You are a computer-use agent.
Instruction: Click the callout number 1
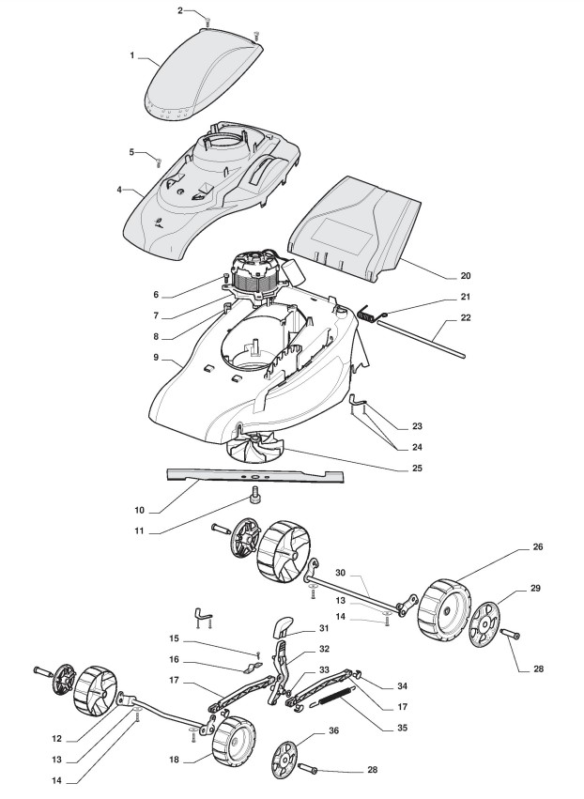click(x=132, y=56)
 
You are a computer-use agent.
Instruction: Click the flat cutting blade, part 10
click(x=254, y=477)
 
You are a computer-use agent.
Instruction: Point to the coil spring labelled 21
click(x=374, y=316)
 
